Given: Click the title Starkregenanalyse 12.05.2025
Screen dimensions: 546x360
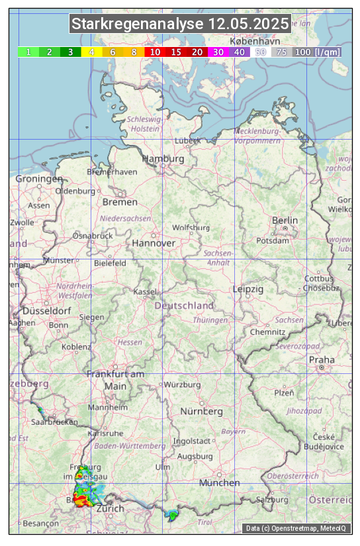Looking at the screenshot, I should click(x=180, y=24).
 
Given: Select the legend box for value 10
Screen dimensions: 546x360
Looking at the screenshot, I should click(x=155, y=52).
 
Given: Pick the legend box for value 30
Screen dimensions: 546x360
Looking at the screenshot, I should click(x=218, y=52).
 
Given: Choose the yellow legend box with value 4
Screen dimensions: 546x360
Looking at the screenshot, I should click(x=92, y=52).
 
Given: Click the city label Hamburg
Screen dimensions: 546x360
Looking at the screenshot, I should click(x=163, y=159).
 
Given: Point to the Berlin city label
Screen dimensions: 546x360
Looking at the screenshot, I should click(x=285, y=220).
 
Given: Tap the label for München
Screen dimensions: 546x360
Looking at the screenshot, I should click(x=219, y=483).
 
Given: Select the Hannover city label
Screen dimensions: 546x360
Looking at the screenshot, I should click(x=154, y=244).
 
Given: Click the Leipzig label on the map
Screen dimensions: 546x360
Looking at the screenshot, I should click(x=248, y=290).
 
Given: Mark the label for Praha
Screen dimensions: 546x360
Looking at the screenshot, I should click(x=322, y=360).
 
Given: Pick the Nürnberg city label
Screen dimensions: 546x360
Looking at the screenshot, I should click(x=202, y=412).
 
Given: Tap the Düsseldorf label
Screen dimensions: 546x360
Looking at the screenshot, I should click(x=46, y=311).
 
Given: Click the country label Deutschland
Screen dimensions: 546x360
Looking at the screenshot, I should click(x=184, y=306).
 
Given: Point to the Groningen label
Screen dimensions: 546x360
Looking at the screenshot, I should click(x=38, y=179).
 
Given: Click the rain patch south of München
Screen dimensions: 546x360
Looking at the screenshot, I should click(x=173, y=515).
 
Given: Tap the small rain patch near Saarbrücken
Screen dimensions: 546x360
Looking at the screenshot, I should click(x=41, y=411).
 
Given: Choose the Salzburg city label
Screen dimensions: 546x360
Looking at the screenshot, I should click(x=273, y=500).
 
